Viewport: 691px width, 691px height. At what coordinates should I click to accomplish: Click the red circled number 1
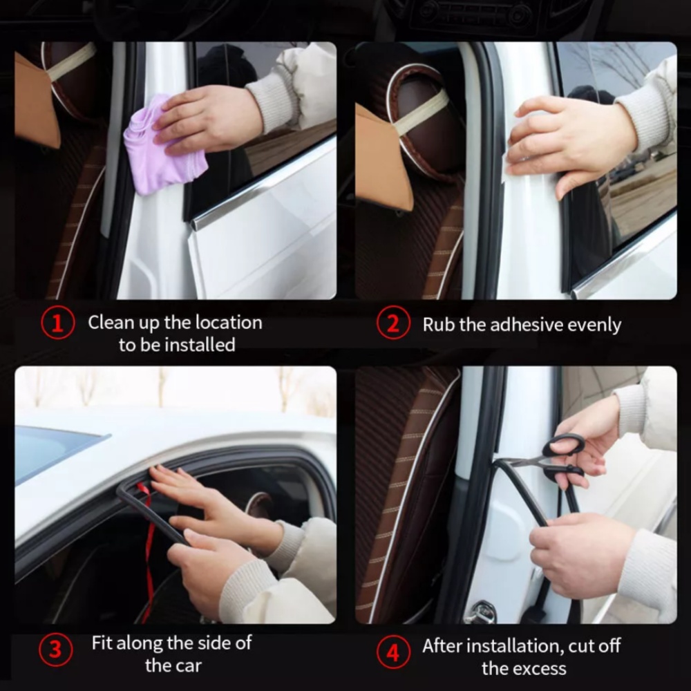58,323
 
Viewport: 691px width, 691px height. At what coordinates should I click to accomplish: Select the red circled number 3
55,650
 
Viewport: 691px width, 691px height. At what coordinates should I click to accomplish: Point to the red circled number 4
394,652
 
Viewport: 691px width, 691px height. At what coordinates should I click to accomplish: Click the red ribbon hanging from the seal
149,547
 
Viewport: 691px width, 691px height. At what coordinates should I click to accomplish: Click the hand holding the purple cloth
207,118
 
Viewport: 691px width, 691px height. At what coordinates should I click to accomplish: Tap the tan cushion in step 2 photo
383,159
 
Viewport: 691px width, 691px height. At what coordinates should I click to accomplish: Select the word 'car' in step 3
188,666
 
